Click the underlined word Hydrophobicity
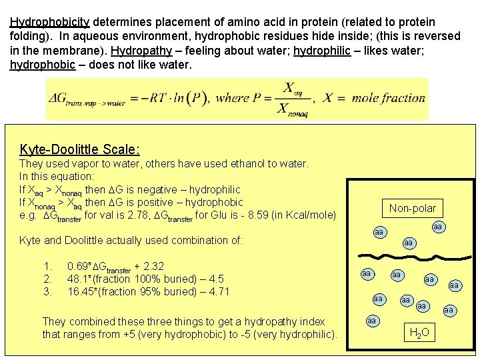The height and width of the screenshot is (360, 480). pos(49,22)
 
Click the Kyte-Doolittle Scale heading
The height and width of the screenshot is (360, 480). pos(79,149)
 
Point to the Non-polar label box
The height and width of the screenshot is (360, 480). pos(412,208)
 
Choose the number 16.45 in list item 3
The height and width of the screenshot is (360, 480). pos(81,291)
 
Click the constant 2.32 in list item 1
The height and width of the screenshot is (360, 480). pos(155,266)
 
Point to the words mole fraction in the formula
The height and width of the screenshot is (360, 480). pos(383,98)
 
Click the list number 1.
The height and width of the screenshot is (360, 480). pos(47,266)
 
